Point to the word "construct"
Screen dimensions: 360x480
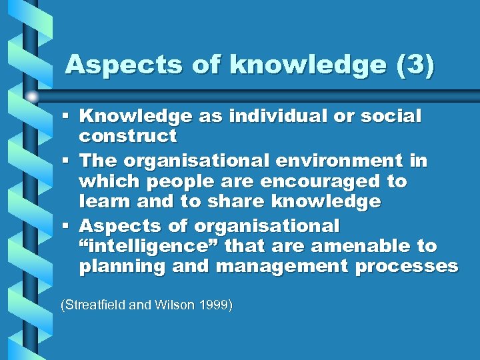pos(128,137)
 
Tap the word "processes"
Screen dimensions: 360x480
pos(407,267)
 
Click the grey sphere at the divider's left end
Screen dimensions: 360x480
pos(32,97)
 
